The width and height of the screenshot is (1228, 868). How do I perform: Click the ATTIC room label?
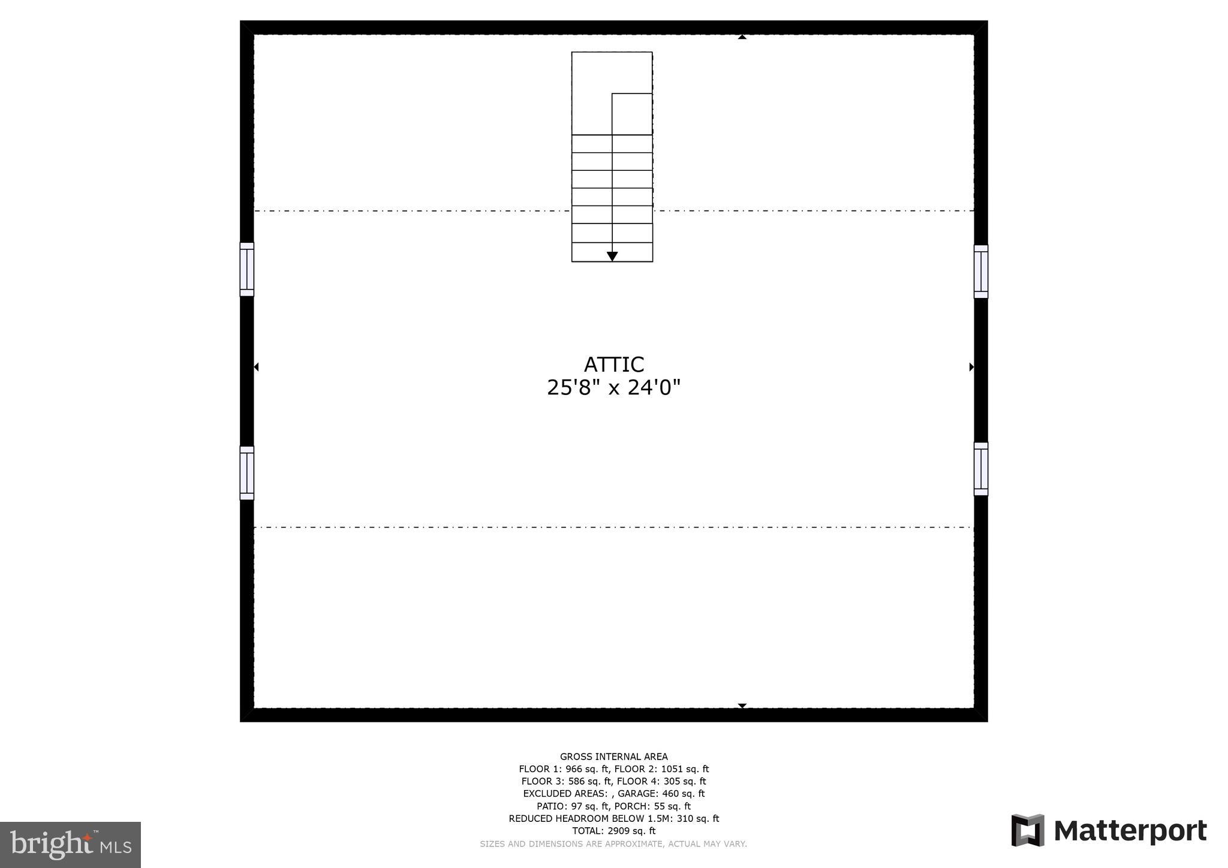(x=613, y=364)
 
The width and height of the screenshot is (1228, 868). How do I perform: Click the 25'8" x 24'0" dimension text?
(x=613, y=388)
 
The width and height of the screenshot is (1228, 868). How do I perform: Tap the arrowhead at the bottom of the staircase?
(x=612, y=257)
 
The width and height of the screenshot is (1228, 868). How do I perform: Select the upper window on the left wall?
(x=246, y=269)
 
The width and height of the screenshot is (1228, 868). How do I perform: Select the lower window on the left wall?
(x=246, y=473)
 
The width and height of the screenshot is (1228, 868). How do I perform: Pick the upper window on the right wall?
(x=980, y=271)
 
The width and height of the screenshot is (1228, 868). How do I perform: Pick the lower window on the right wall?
(x=980, y=469)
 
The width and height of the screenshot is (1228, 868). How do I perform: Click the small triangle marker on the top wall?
(x=742, y=37)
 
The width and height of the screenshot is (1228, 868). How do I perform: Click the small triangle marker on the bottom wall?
(x=742, y=706)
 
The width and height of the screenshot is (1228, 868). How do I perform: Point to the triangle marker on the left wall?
(x=256, y=367)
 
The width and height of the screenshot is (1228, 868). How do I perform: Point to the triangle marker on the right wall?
(x=971, y=367)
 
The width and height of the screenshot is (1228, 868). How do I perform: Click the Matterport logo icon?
(x=1027, y=830)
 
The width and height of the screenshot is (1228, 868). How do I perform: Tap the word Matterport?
(x=1130, y=831)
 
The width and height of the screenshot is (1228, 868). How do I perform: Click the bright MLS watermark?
(x=70, y=845)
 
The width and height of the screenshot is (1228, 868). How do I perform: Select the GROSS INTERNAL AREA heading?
(x=613, y=757)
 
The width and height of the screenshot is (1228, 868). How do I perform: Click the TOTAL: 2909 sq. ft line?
(x=613, y=831)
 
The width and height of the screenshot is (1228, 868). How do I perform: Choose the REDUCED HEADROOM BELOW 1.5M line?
(x=613, y=818)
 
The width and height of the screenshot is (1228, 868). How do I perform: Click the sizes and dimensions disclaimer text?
(x=613, y=844)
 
